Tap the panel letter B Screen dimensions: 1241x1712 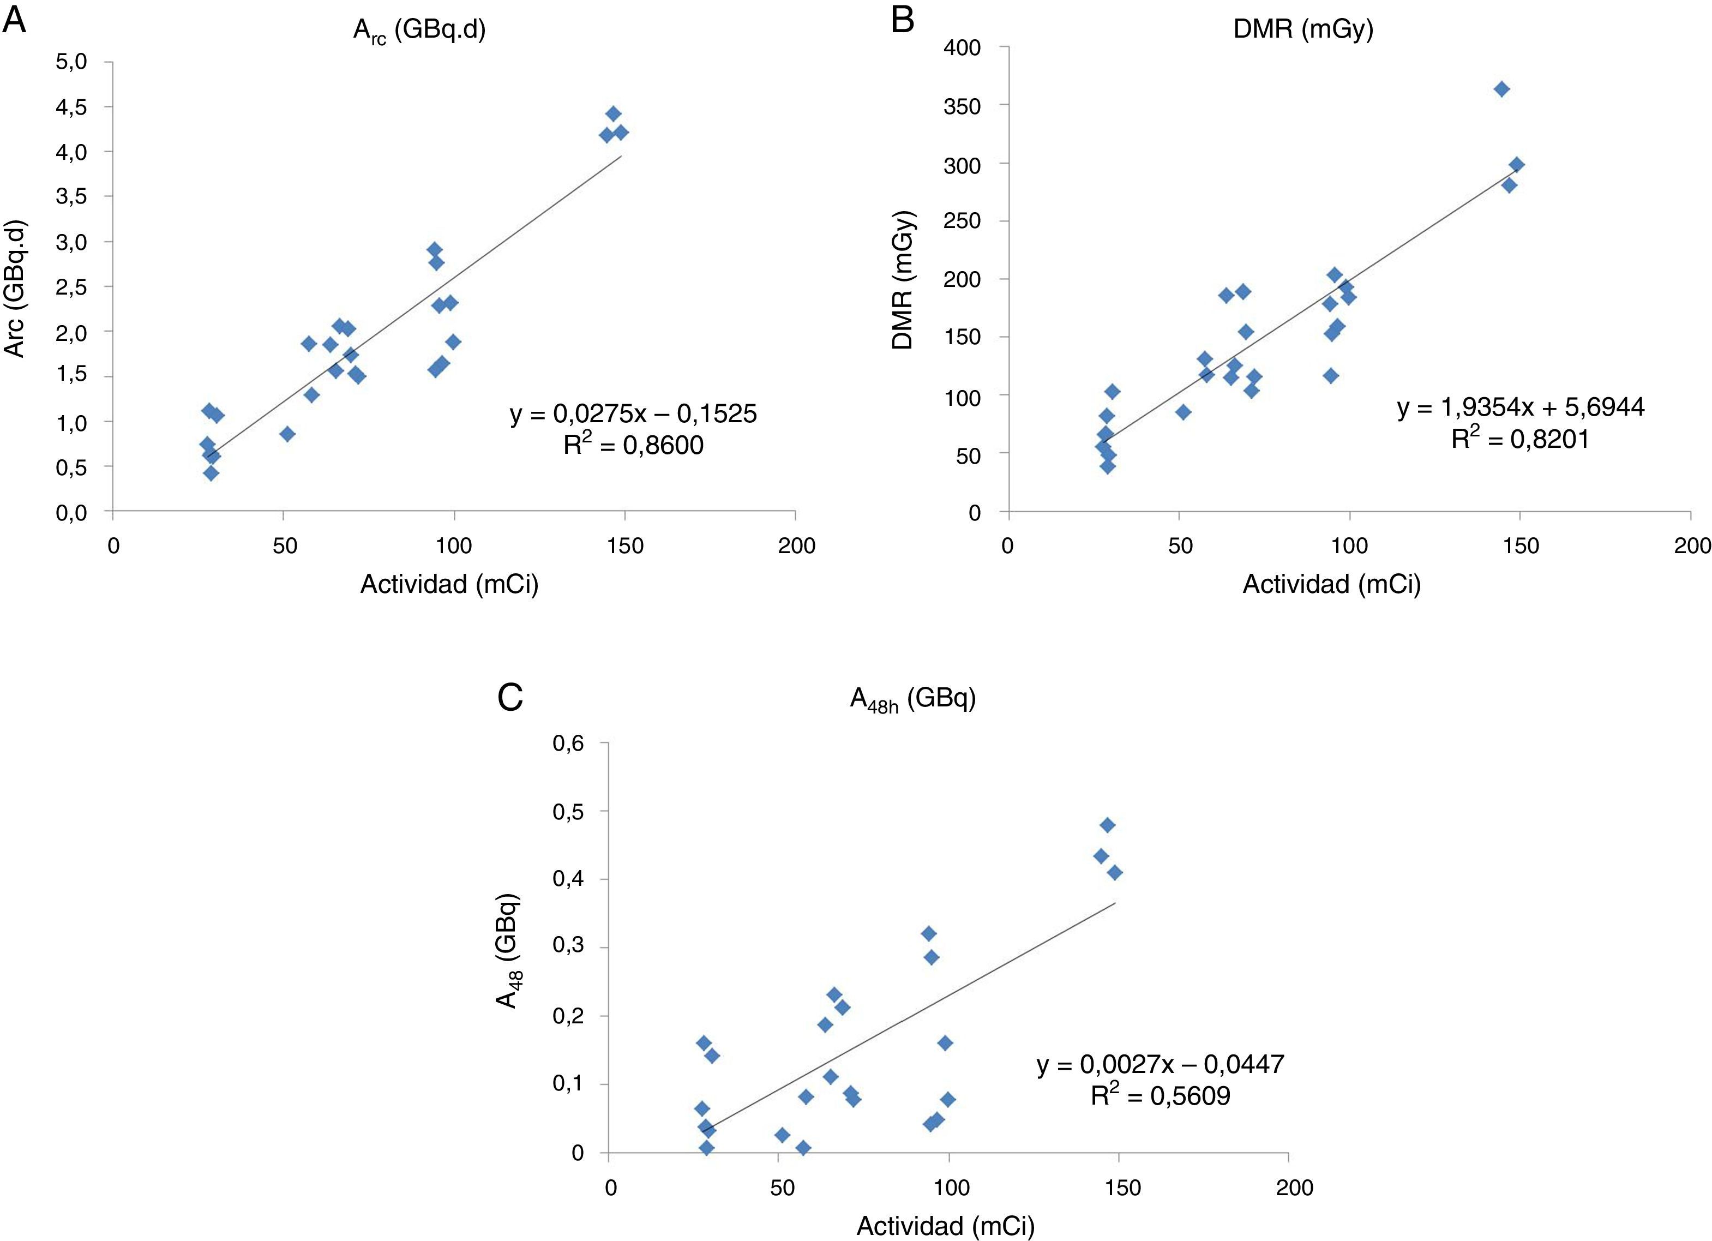[x=903, y=20]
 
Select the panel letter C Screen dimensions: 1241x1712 [x=510, y=698]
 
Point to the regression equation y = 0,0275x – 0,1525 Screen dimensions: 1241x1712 [x=633, y=413]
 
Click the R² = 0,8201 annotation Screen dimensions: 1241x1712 [x=1519, y=439]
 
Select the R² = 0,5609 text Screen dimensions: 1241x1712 [x=1160, y=1095]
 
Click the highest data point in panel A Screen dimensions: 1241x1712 [x=613, y=114]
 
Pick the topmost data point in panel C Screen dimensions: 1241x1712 [x=1107, y=825]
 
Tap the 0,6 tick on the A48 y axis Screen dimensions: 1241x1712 [x=568, y=744]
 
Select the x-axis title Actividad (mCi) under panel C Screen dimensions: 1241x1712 [x=945, y=1226]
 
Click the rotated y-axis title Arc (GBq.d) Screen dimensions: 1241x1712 [x=15, y=289]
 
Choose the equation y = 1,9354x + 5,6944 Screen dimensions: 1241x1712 [x=1520, y=407]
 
